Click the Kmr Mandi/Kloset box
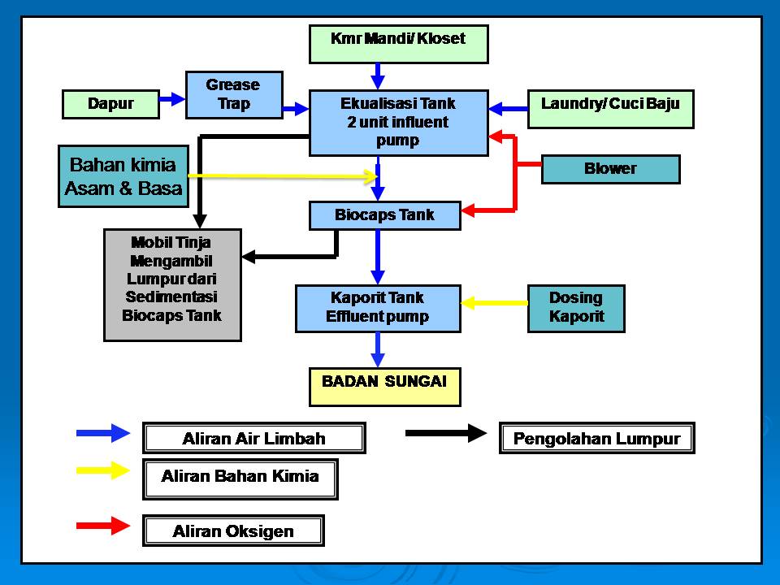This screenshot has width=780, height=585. pos(398,44)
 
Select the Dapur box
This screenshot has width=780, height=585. pos(111,104)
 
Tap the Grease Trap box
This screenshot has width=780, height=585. pos(233,94)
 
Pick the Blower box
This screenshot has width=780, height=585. pos(610,169)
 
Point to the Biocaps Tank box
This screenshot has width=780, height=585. pos(384,215)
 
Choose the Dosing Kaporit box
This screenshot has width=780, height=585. pos(576,308)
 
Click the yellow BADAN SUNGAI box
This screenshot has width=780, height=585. pos(384,387)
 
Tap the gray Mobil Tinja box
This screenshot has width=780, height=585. pos(172,284)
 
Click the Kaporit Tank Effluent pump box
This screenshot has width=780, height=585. pos(377,308)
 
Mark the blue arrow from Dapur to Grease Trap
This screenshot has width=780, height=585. pos(171,98)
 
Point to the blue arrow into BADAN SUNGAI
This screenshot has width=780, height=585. pos(378,349)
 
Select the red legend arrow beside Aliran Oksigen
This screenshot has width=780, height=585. pos(102,526)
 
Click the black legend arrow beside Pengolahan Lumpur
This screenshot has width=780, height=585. pos(445,433)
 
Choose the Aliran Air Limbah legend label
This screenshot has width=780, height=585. pos(253,439)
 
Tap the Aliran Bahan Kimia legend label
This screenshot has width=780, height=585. pos(240,477)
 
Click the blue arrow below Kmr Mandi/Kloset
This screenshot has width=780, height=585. pos(377,76)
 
